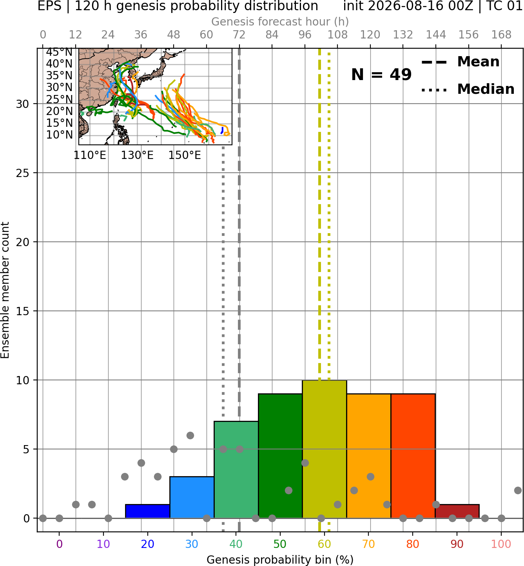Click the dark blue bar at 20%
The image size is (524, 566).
[148, 511]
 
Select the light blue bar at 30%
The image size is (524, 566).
[192, 497]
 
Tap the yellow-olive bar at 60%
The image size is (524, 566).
[325, 449]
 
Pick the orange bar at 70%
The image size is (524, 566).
[369, 456]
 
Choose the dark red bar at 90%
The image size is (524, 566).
[457, 511]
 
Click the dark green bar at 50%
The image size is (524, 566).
[280, 456]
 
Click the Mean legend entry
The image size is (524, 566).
[460, 62]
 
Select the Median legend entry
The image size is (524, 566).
[468, 89]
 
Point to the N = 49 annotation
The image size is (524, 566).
[381, 75]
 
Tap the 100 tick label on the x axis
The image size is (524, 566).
[501, 544]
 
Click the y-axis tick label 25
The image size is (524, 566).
[23, 173]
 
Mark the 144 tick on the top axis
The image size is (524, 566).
[436, 35]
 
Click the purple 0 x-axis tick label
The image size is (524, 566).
[59, 544]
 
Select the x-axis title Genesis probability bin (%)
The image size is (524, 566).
[280, 559]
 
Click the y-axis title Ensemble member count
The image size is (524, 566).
[5, 290]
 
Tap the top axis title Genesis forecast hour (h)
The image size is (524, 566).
[280, 22]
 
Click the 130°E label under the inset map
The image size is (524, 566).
[137, 155]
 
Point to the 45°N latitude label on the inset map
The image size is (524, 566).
[59, 52]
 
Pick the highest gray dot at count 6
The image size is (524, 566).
[190, 435]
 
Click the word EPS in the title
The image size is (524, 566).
[49, 6]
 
